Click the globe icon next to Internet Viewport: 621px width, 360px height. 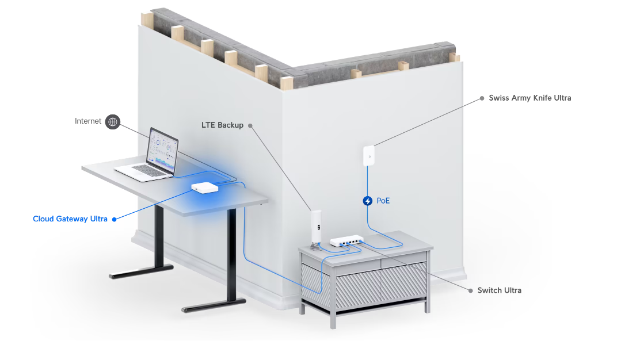click(113, 121)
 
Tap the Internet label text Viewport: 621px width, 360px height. click(88, 121)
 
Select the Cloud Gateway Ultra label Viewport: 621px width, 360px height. click(70, 219)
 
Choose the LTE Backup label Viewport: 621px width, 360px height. click(222, 125)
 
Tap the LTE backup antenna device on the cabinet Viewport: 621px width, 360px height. click(315, 228)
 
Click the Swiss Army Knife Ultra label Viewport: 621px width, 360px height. click(529, 98)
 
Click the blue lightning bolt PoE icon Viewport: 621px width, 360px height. click(368, 201)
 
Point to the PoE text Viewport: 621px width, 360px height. click(383, 201)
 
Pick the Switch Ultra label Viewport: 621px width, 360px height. click(499, 290)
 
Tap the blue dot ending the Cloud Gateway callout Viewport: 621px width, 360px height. click(114, 219)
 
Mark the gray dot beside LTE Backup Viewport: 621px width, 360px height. click(250, 125)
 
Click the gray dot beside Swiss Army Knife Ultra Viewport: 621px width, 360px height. click(482, 98)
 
